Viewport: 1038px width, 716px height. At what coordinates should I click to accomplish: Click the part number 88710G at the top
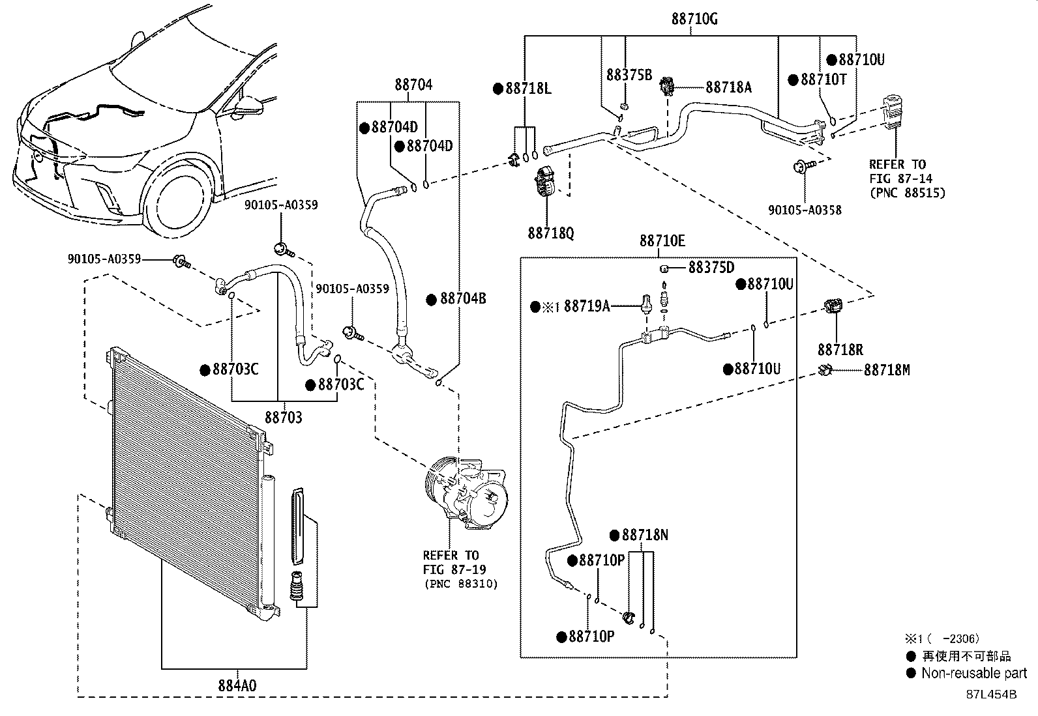pos(694,19)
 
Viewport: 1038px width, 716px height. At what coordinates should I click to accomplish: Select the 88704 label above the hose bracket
pos(413,85)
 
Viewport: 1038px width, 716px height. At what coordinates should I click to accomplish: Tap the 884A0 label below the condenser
pos(237,685)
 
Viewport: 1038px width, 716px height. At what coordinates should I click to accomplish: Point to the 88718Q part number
pos(552,233)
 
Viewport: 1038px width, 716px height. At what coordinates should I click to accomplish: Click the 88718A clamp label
pos(728,87)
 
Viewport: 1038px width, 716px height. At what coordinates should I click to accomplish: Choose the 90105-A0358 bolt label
pos(805,210)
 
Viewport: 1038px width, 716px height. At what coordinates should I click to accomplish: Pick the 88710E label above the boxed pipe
pos(662,241)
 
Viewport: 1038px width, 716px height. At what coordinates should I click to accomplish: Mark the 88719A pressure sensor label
pos(587,306)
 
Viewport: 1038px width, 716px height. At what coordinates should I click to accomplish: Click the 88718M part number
pos(887,370)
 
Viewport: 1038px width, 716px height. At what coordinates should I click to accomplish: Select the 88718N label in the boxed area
pos(645,536)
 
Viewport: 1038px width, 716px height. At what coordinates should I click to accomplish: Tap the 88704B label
pos(463,299)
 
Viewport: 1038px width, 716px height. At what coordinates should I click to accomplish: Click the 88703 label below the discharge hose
pos(284,417)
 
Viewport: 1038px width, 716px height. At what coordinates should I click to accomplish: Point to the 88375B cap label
pos(629,75)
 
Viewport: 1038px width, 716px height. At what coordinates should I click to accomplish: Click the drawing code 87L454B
pos(991,695)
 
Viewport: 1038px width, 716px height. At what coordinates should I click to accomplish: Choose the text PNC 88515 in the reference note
pos(908,192)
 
